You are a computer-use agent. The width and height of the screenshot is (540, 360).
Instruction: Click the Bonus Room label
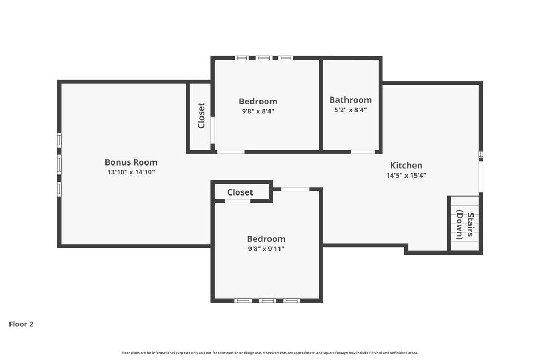click(x=131, y=162)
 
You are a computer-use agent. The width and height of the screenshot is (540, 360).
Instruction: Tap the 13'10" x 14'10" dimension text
click(x=131, y=172)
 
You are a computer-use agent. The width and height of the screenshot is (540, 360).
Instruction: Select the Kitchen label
click(x=406, y=166)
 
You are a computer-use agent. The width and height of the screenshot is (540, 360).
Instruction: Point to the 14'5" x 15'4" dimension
click(x=406, y=176)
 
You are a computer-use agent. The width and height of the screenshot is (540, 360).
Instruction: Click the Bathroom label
click(x=350, y=100)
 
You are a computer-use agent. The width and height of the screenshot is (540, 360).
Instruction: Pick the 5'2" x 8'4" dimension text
click(x=350, y=110)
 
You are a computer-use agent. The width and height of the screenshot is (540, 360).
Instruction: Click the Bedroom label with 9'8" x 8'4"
click(x=258, y=101)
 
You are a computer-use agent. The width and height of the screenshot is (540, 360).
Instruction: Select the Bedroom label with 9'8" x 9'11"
click(x=266, y=239)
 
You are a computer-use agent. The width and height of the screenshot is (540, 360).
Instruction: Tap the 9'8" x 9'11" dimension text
click(x=266, y=249)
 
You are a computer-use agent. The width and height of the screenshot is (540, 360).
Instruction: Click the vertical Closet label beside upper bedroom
click(x=201, y=115)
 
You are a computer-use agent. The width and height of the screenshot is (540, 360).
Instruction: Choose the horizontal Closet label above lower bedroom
click(x=240, y=192)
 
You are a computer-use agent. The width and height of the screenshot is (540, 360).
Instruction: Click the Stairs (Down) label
click(x=465, y=226)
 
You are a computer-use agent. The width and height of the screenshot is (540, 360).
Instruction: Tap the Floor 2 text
click(x=21, y=324)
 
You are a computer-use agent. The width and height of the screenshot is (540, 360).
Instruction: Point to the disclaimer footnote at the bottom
click(x=269, y=353)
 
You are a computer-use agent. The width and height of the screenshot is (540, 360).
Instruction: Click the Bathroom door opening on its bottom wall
click(x=363, y=152)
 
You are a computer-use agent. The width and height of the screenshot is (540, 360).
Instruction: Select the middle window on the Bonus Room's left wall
click(x=60, y=164)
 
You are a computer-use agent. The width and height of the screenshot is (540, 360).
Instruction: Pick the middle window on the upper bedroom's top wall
click(x=264, y=58)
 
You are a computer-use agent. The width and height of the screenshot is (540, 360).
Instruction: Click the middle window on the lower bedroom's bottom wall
click(x=267, y=300)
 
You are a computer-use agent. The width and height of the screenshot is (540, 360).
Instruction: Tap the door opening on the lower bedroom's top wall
click(x=295, y=189)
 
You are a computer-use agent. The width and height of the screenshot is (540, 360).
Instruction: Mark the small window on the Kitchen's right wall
click(x=480, y=154)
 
